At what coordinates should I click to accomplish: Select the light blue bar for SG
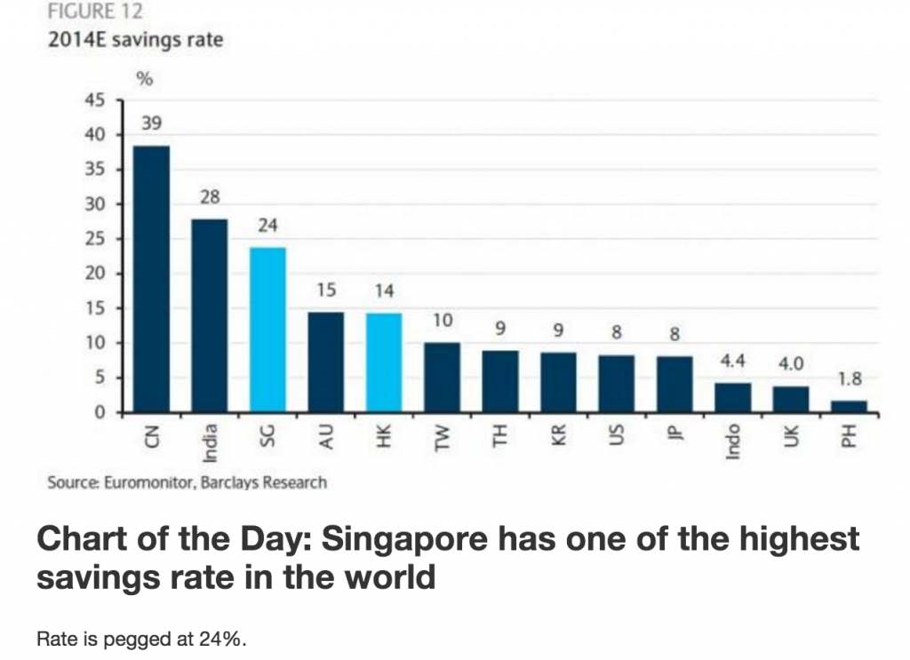[x=267, y=330]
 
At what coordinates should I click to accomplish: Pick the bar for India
[x=210, y=315]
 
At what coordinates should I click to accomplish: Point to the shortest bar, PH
[x=849, y=407]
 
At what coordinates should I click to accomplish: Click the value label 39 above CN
[x=151, y=123]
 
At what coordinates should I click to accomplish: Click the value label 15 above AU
[x=325, y=290]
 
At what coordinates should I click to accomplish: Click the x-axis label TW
[x=443, y=436]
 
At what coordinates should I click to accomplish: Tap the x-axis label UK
[x=791, y=436]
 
